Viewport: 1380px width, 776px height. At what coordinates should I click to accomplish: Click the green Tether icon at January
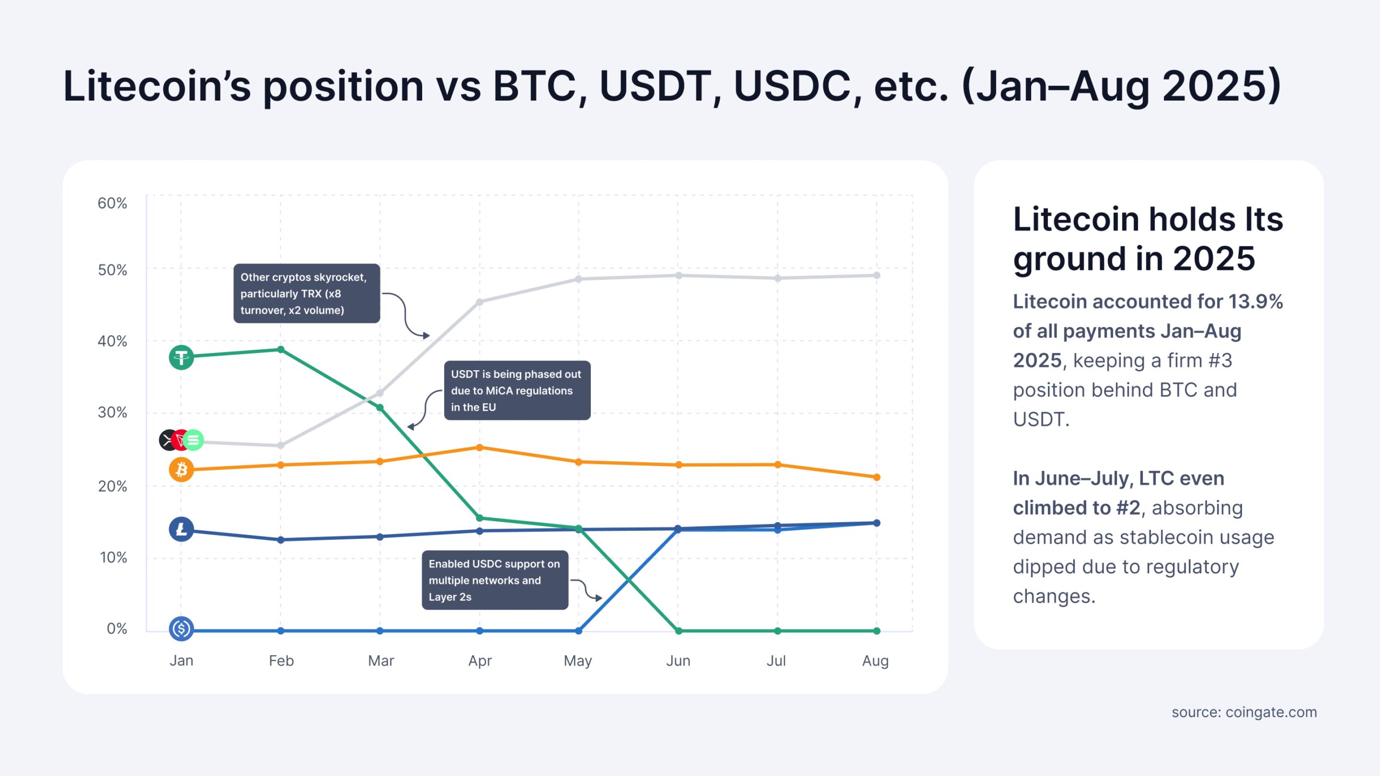coord(181,357)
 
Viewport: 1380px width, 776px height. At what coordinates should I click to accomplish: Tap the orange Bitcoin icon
coord(181,470)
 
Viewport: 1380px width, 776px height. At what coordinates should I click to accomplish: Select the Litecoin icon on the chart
coord(181,529)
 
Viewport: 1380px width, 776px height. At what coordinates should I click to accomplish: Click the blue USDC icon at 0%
coord(181,628)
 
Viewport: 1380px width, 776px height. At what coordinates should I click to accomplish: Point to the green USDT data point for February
coord(281,350)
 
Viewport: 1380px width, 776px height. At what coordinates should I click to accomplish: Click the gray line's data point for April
coord(480,302)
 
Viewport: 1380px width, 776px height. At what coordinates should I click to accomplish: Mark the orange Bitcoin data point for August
coord(877,477)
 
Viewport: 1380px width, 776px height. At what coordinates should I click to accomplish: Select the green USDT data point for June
coord(679,630)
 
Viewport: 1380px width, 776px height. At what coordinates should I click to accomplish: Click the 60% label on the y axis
coord(112,203)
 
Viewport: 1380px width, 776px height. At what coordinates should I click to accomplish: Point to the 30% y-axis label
coord(112,413)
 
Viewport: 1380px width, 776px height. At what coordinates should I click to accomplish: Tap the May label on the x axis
coord(578,661)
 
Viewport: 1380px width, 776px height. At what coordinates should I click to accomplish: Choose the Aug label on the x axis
coord(875,661)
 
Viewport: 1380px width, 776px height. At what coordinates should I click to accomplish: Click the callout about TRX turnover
coord(306,294)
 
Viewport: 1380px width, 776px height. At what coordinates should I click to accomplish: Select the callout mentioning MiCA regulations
coord(516,391)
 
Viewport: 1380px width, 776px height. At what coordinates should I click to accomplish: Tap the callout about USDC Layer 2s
coord(494,580)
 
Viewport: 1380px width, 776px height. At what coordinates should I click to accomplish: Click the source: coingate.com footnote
coord(1244,712)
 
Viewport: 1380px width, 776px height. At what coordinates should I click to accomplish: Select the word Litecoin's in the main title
coord(157,86)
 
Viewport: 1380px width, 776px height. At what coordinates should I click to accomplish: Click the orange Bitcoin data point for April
coord(480,448)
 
